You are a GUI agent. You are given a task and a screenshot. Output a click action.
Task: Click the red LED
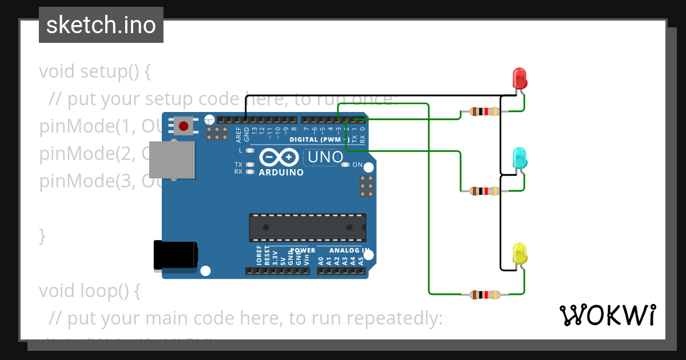(x=520, y=78)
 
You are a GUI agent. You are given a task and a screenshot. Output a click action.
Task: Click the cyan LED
(x=520, y=157)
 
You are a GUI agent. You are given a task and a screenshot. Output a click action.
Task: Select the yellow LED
(x=520, y=253)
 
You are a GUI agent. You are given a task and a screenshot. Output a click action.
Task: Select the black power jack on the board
(x=175, y=254)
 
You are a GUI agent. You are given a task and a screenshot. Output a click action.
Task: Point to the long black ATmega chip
(x=308, y=227)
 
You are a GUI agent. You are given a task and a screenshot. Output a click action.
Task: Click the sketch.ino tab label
(x=101, y=25)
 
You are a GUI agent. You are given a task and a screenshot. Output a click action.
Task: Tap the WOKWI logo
(x=607, y=315)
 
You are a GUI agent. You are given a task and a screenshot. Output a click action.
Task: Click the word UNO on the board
(x=325, y=157)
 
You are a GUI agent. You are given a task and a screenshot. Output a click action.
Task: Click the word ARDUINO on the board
(x=281, y=172)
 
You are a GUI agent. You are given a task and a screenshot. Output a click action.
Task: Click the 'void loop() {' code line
(x=90, y=291)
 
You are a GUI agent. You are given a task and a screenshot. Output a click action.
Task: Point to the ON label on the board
(x=357, y=165)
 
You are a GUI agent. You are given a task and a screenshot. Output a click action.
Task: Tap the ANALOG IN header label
(x=343, y=250)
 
